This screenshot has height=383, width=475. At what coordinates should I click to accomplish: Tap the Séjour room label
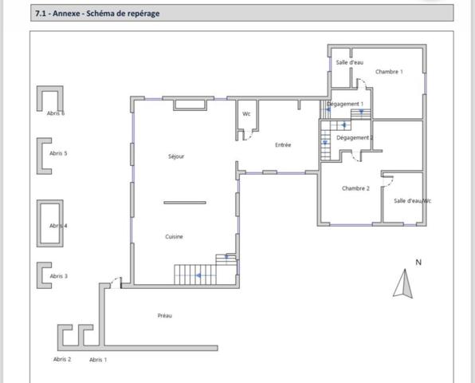pos(176,156)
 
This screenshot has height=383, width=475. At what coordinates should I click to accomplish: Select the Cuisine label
pos(175,236)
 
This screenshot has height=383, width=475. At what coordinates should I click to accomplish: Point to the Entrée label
pos(283,145)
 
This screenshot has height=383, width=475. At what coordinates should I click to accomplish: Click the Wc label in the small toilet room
pos(246,114)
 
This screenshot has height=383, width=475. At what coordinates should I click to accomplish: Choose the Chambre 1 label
pos(389,72)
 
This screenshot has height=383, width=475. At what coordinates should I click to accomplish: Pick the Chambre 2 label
pos(355,188)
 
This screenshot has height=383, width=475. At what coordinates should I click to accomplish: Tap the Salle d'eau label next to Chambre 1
pos(350,62)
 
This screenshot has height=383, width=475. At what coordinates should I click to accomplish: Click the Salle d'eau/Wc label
pos(412,201)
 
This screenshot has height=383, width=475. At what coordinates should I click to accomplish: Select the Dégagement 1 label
pos(345,104)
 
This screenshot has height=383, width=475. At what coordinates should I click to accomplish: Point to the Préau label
pos(165,316)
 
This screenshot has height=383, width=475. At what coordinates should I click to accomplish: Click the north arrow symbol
pos(403,283)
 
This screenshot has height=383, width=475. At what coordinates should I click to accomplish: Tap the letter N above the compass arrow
pos(418,263)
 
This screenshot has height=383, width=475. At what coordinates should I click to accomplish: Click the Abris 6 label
pos(56,113)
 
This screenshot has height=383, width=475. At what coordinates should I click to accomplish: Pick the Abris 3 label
pos(59,276)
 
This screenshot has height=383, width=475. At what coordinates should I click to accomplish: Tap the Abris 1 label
pos(98,360)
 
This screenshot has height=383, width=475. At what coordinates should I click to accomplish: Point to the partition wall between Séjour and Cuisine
pos(185,203)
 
